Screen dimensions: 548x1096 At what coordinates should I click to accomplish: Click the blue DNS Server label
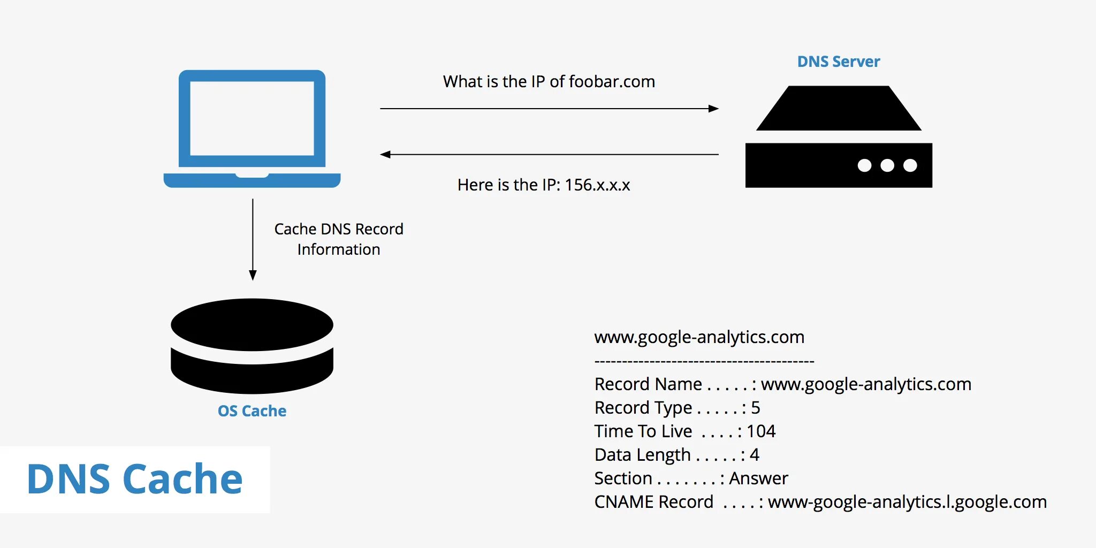click(x=838, y=62)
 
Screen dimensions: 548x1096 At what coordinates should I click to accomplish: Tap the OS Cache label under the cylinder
click(x=252, y=411)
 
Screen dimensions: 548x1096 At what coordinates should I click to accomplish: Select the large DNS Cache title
click(x=134, y=479)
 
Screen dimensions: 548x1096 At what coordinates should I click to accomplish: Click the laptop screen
click(x=252, y=118)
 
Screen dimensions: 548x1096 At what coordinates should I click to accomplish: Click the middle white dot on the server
click(x=887, y=165)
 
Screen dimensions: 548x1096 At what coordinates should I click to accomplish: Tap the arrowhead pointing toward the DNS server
click(x=713, y=109)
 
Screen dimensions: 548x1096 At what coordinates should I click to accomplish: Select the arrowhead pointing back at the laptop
click(x=385, y=155)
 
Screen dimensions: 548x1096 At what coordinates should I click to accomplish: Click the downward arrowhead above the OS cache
click(x=253, y=275)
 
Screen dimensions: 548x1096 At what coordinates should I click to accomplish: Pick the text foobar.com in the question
click(x=612, y=82)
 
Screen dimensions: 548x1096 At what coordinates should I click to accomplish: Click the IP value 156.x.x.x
click(x=597, y=185)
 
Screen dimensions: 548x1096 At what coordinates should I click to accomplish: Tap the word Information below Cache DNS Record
click(x=339, y=250)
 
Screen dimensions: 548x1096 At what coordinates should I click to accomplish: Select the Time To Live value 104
click(x=760, y=431)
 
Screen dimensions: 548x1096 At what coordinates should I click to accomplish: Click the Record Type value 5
click(x=755, y=408)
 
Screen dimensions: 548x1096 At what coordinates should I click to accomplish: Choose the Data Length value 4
click(x=755, y=455)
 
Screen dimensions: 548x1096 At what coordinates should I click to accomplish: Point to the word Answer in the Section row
click(x=758, y=478)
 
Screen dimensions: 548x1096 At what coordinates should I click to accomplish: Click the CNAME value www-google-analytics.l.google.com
click(x=907, y=502)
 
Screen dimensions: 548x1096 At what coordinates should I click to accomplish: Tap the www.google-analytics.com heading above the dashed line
click(x=699, y=337)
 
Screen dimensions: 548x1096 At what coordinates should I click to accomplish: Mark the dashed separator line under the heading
click(x=704, y=362)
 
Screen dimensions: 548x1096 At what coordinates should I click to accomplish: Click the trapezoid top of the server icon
click(x=839, y=109)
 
